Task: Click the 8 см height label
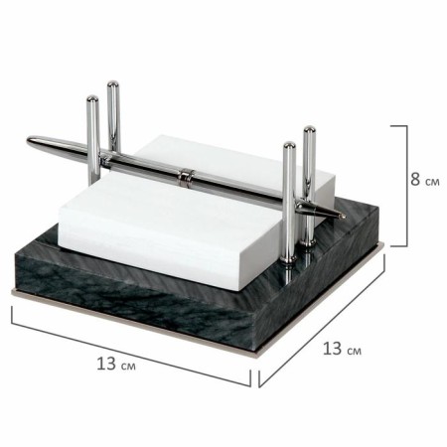[x=425, y=180]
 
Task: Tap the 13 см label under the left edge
[x=116, y=364]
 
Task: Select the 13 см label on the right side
[x=342, y=349]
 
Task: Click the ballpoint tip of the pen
[x=344, y=217]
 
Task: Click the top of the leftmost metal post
[x=92, y=98]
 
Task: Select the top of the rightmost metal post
[x=309, y=128]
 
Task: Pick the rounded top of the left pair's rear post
[x=113, y=83]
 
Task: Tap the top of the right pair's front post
[x=289, y=145]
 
